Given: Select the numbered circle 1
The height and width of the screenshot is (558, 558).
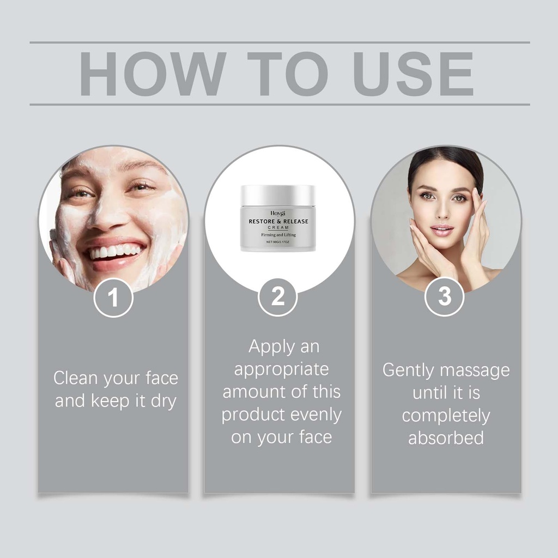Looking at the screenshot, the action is click(x=113, y=298).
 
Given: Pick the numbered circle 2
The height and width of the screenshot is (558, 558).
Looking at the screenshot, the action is click(x=278, y=297).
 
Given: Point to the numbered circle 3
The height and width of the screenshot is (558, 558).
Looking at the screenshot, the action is click(x=445, y=296).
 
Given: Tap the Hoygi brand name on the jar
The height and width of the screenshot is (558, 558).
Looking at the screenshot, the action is click(x=278, y=213).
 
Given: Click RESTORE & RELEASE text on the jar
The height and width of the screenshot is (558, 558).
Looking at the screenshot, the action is click(x=278, y=221).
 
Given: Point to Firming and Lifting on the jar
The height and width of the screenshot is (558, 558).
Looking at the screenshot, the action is click(x=278, y=235).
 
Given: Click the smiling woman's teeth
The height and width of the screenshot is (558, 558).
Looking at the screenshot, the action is click(x=114, y=251).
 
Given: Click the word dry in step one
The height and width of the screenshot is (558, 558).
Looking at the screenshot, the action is click(x=163, y=402).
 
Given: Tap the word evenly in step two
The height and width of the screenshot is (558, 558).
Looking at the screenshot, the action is click(x=316, y=415).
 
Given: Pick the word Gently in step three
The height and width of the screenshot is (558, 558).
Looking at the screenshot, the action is click(x=409, y=371).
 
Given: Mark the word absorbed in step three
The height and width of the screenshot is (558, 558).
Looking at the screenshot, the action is click(x=446, y=438).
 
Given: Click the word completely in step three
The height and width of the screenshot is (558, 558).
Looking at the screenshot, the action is click(x=446, y=416).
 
